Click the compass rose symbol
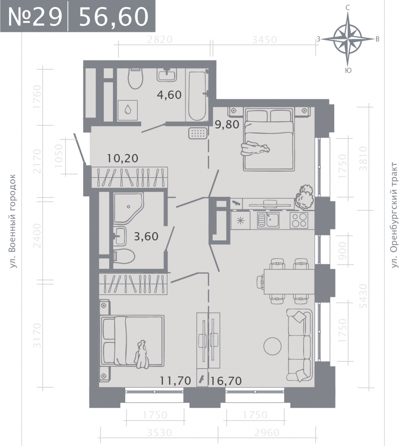[348, 39]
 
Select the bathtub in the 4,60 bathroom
[197, 96]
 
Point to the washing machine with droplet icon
[128, 110]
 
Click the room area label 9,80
[227, 125]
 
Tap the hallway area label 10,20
[122, 158]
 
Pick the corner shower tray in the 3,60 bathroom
[128, 208]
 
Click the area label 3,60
[146, 237]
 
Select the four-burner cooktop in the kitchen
[299, 220]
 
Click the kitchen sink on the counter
[268, 220]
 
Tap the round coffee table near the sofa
[272, 346]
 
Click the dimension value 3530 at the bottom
[159, 433]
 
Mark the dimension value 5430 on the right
[363, 296]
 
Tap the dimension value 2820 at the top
[160, 40]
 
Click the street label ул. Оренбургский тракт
[394, 215]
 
